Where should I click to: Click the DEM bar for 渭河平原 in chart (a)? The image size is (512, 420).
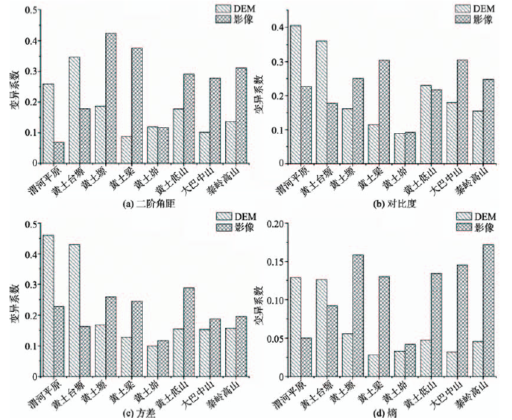48,123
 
